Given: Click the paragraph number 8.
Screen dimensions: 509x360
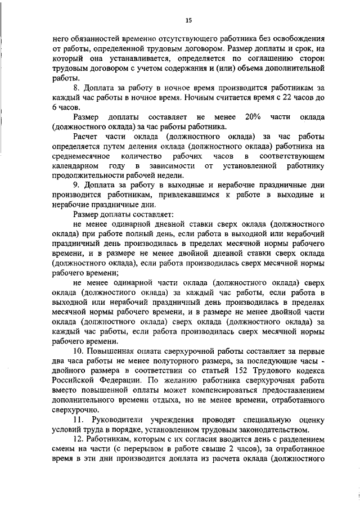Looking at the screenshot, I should [x=76, y=88].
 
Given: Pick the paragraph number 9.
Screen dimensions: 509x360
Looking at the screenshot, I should [x=76, y=184].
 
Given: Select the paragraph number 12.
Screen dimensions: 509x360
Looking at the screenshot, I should [x=79, y=439].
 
